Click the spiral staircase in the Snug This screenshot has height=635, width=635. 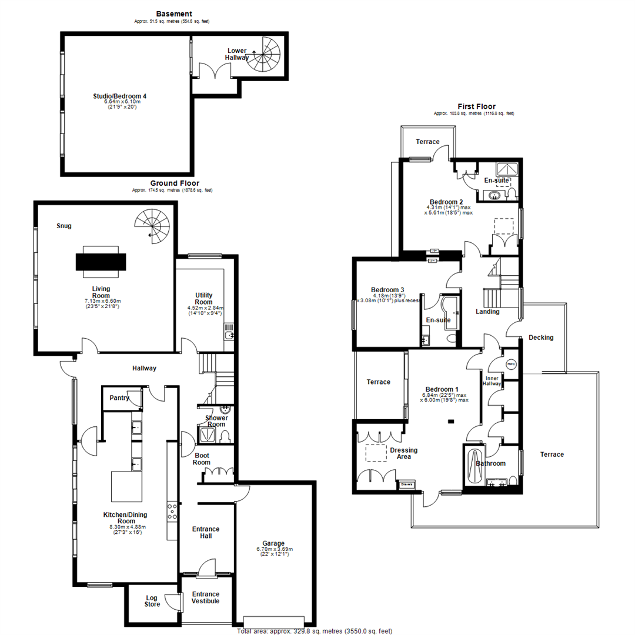[x=152, y=226]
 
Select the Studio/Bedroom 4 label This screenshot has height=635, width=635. [x=120, y=96]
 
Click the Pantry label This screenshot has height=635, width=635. [x=119, y=398]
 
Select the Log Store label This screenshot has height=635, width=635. [x=152, y=601]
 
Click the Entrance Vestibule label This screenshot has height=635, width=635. [x=206, y=597]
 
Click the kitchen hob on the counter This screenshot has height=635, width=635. [x=173, y=512]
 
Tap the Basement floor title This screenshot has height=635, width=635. [x=173, y=14]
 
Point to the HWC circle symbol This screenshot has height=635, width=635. [x=511, y=364]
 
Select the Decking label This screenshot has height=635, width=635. [x=541, y=337]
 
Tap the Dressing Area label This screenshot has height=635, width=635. [x=403, y=454]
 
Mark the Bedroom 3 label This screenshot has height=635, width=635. [x=387, y=289]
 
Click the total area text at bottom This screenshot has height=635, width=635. [x=315, y=631]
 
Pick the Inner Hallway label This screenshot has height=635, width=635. [x=492, y=380]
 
